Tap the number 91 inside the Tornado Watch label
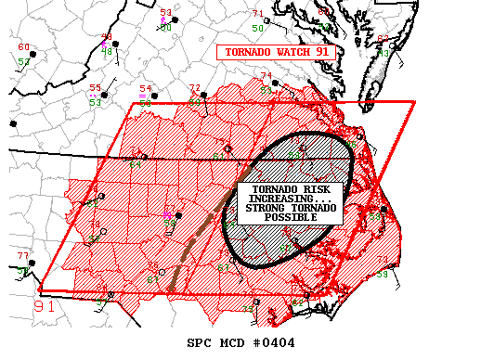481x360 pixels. (x=322, y=53)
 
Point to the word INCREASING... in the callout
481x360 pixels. (x=289, y=199)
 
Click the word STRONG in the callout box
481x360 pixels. (x=266, y=209)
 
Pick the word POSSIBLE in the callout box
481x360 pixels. (x=289, y=218)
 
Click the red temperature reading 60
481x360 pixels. (x=23, y=47)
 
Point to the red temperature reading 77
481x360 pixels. (x=23, y=256)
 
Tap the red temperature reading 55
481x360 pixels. (x=95, y=88)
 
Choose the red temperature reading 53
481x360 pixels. (x=165, y=12)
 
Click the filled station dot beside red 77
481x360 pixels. (x=32, y=264)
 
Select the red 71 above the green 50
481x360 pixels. (x=257, y=14)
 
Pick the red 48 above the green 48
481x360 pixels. (x=106, y=38)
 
